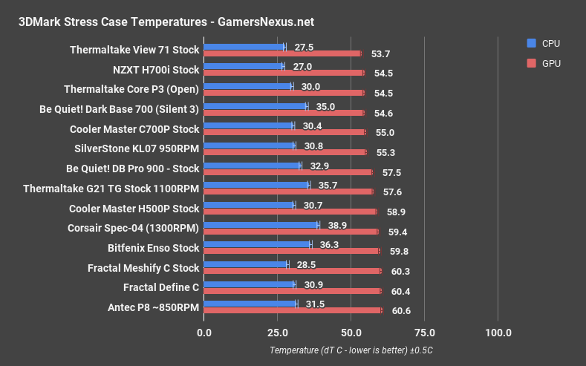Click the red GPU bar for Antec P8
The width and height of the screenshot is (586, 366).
pos(292,310)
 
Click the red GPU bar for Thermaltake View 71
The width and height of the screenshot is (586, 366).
pos(281,53)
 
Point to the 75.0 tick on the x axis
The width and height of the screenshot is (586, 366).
pos(424,331)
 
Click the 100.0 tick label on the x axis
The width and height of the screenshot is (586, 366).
pos(498,331)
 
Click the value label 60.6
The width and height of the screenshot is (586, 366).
pos(401,310)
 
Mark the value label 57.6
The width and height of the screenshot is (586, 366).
pos(393,191)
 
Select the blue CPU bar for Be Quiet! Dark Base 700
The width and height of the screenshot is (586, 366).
pos(255,106)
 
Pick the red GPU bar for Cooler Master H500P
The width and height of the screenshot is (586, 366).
pos(290,211)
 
